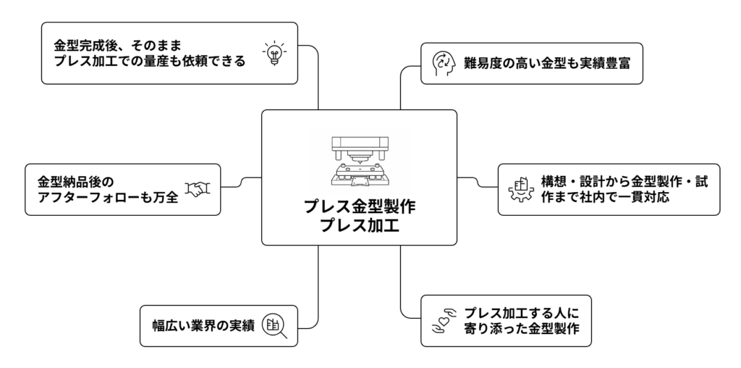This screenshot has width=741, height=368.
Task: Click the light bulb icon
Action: click(x=274, y=53)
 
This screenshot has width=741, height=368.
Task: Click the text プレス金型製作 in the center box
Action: click(x=360, y=207)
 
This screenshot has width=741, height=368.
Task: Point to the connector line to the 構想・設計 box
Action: click(x=478, y=181)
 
